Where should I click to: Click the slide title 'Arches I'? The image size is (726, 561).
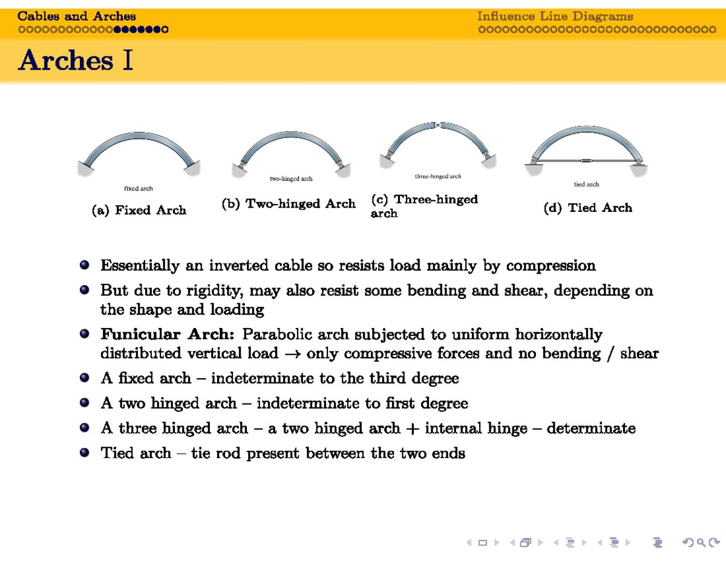click(x=76, y=61)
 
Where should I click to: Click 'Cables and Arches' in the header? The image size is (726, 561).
click(x=77, y=16)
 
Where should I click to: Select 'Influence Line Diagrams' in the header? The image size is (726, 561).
click(x=555, y=16)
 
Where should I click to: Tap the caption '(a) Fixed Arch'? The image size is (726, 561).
click(x=139, y=211)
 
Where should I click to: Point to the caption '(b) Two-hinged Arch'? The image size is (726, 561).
click(x=289, y=204)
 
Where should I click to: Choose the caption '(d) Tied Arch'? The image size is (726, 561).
click(x=587, y=208)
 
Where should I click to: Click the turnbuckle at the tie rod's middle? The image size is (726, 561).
click(x=586, y=161)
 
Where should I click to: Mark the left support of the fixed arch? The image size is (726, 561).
click(x=90, y=168)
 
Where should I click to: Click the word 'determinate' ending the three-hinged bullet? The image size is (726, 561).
click(x=591, y=429)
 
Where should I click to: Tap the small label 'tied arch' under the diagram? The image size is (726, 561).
click(x=586, y=184)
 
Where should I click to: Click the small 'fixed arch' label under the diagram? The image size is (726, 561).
click(x=139, y=189)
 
